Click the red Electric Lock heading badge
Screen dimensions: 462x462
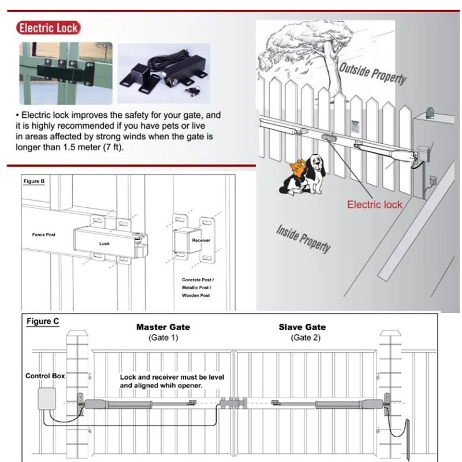pyautogui.click(x=48, y=28)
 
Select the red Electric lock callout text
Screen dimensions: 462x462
pyautogui.click(x=374, y=204)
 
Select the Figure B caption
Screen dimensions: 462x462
pyautogui.click(x=34, y=181)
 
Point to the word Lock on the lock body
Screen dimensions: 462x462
pyautogui.click(x=105, y=244)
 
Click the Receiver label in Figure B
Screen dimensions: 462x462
pyautogui.click(x=201, y=239)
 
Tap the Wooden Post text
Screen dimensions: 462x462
pyautogui.click(x=196, y=295)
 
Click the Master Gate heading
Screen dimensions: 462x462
pyautogui.click(x=163, y=327)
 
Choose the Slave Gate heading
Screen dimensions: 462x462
pyautogui.click(x=302, y=327)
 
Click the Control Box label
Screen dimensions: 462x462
pyautogui.click(x=45, y=376)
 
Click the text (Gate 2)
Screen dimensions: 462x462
pyautogui.click(x=302, y=337)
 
